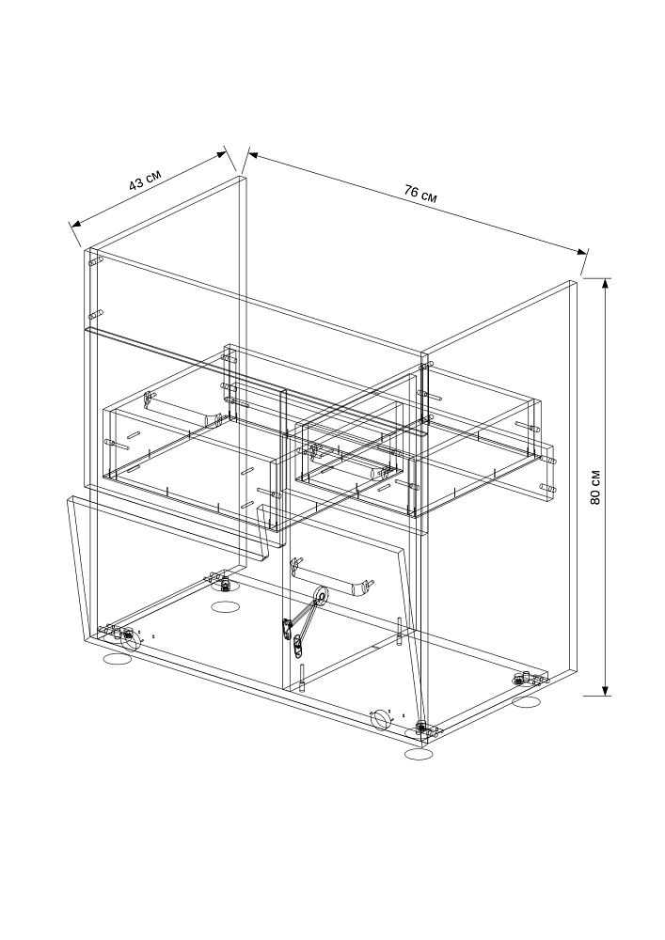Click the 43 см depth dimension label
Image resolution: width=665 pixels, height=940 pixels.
pyautogui.click(x=145, y=180)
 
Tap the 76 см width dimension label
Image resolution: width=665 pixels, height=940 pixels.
pyautogui.click(x=420, y=194)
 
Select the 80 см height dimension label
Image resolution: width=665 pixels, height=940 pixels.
pyautogui.click(x=595, y=486)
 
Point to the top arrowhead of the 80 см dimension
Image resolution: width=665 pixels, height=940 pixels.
pyautogui.click(x=606, y=284)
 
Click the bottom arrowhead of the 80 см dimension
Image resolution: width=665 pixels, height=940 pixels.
pyautogui.click(x=606, y=689)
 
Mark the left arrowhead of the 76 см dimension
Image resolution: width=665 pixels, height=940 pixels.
pyautogui.click(x=253, y=155)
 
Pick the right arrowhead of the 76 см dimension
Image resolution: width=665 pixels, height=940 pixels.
pyautogui.click(x=581, y=251)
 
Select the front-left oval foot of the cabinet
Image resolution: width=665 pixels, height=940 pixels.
pyautogui.click(x=118, y=660)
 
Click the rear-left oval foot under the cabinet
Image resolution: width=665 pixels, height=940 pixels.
pyautogui.click(x=226, y=606)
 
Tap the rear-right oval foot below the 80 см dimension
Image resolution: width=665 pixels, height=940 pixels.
pyautogui.click(x=529, y=701)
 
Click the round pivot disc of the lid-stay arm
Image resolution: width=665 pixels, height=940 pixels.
pyautogui.click(x=322, y=595)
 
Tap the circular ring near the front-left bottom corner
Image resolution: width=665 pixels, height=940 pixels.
pyautogui.click(x=131, y=641)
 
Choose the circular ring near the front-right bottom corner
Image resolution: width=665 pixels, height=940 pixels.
pyautogui.click(x=380, y=718)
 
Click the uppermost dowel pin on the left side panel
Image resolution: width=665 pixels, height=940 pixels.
pyautogui.click(x=96, y=261)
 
